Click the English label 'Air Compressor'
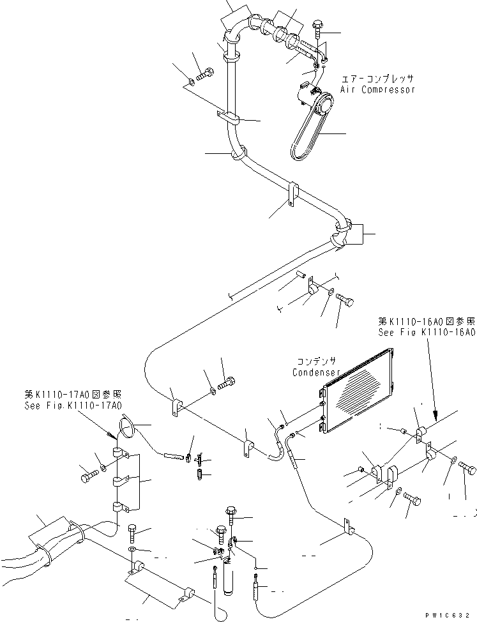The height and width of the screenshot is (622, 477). [377, 89]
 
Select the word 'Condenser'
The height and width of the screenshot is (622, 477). [315, 372]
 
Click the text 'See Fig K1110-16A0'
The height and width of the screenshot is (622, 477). [427, 333]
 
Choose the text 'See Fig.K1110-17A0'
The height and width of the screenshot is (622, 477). [81, 405]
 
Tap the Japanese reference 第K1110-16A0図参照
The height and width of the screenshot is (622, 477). [427, 321]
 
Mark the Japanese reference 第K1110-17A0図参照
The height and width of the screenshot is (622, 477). [81, 394]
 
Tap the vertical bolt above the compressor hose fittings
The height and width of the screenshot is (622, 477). [319, 33]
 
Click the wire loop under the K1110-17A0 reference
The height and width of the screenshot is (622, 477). [126, 426]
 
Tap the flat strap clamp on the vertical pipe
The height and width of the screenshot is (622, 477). [227, 117]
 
